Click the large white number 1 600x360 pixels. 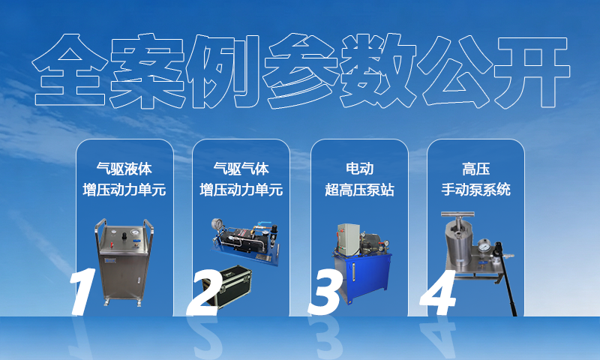click(83, 292)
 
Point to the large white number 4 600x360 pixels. click(439, 292)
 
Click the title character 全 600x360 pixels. click(70, 70)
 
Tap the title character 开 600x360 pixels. click(532, 71)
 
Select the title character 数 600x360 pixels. click(378, 70)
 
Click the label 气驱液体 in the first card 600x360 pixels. click(124, 169)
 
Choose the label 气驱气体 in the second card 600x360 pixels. click(241, 169)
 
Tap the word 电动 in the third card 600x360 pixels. click(359, 169)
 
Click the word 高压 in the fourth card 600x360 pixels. click(476, 169)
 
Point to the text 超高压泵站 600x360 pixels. click(359, 190)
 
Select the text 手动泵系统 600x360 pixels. click(476, 190)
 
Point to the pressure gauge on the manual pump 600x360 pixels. click(484, 246)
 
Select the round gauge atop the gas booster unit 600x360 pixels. click(217, 223)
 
